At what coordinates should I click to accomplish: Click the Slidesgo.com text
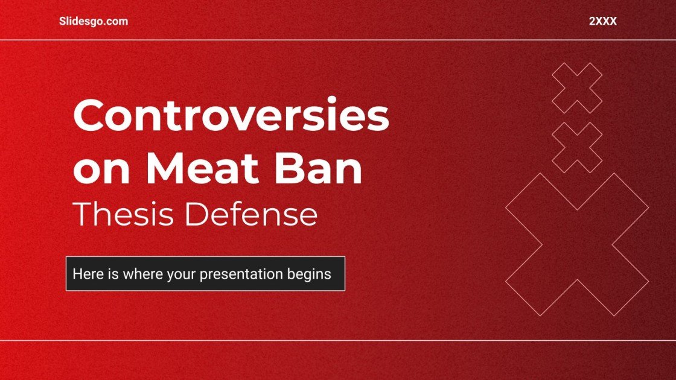tap(94, 21)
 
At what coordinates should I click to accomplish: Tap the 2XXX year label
tap(602, 21)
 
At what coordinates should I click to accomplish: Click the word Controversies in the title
tap(231, 116)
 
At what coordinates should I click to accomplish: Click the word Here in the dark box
tap(86, 274)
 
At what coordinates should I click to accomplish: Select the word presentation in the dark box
tap(241, 274)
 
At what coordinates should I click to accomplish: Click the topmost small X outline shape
tap(577, 88)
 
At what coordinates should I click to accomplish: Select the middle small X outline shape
tap(577, 148)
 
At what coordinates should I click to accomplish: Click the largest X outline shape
tap(577, 244)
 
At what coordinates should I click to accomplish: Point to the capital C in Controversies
tap(88, 116)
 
